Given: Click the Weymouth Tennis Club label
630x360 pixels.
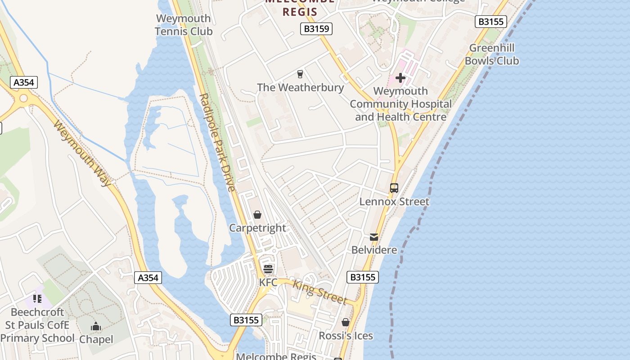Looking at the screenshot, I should (184, 25).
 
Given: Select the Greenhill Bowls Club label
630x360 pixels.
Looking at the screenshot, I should (492, 54).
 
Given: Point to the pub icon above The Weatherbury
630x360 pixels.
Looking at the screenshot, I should (300, 74).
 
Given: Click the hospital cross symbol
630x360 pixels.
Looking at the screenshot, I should (400, 78).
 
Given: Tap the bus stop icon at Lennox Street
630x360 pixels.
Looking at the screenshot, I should (394, 188).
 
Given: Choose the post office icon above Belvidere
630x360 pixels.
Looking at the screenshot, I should (374, 237).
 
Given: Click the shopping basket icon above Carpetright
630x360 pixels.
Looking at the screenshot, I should (257, 215).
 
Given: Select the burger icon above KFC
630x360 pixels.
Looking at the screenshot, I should (268, 269).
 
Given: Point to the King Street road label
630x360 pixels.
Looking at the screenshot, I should (320, 292).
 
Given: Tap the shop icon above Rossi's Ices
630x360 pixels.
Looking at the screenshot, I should (346, 323).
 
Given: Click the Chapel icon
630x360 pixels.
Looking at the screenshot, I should (96, 327).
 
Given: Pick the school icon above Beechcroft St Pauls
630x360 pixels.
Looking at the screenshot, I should (37, 299).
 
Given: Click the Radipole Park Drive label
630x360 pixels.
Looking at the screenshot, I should (217, 142).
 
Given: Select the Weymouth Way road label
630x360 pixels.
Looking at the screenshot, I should (82, 153).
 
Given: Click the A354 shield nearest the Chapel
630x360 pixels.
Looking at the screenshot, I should (148, 278).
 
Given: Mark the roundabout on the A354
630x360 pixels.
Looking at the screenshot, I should (23, 99).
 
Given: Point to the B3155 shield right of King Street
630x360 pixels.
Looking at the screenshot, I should (363, 277).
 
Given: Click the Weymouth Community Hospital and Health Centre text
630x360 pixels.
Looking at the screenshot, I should (400, 104).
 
